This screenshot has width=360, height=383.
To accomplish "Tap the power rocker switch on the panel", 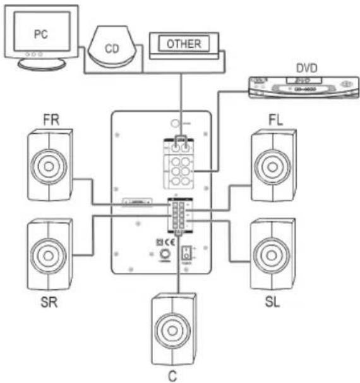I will coord(186,255).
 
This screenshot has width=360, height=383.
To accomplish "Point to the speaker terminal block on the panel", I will coord(179,216).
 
